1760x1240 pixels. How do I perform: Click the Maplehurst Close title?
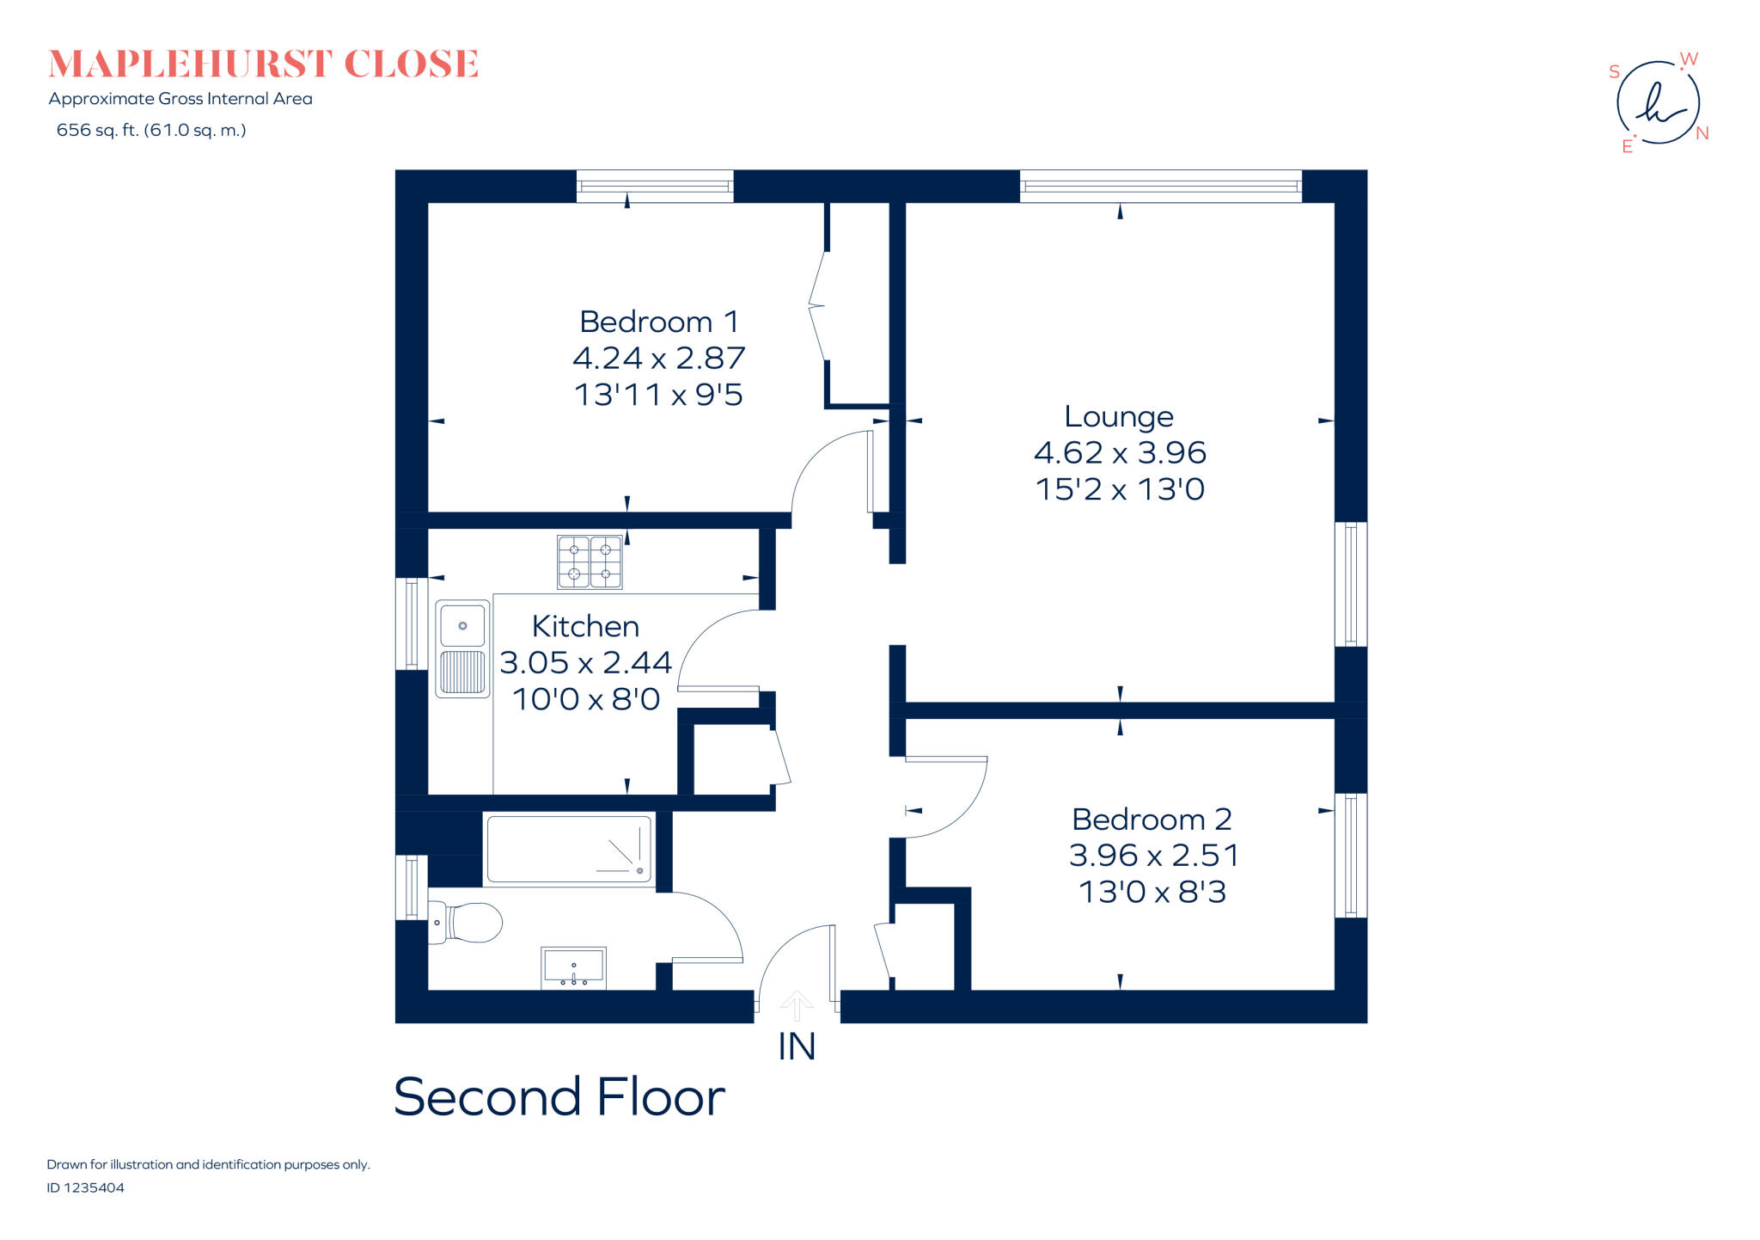click(263, 64)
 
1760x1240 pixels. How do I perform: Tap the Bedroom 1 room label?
click(659, 322)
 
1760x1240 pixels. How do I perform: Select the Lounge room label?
click(1119, 416)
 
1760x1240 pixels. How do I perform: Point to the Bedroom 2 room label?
click(1152, 820)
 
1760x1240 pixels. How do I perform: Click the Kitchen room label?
click(585, 626)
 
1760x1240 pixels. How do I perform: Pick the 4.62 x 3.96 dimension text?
click(1120, 452)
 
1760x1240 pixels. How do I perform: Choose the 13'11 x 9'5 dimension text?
click(658, 395)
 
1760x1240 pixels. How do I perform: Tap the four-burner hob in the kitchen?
click(590, 562)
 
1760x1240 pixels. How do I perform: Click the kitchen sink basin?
click(462, 624)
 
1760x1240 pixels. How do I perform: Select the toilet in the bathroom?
click(464, 922)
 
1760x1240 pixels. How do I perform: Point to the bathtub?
click(569, 850)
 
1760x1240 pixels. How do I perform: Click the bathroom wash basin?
click(573, 968)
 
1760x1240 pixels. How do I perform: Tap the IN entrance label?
click(797, 1047)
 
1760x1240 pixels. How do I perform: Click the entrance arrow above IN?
click(797, 1006)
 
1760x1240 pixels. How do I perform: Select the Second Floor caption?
click(559, 1097)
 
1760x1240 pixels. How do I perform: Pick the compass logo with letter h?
click(1659, 103)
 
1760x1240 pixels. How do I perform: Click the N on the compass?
click(1702, 133)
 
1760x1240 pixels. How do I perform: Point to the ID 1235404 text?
click(85, 1188)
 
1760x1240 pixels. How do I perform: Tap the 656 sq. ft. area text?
click(151, 130)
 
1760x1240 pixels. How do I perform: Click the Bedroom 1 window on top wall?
click(655, 186)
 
